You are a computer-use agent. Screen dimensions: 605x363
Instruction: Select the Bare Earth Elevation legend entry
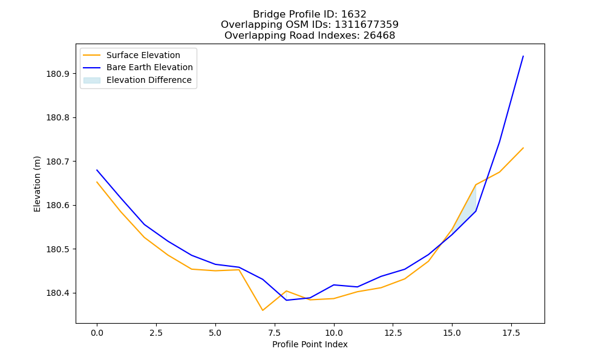[x=138, y=67]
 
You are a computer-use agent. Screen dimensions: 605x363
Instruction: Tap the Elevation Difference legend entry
[x=137, y=80]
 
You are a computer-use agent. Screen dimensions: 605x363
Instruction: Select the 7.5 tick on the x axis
[x=274, y=333]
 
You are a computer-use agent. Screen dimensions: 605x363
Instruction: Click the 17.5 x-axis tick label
[x=511, y=333]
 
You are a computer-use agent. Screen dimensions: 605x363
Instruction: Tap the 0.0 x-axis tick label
[x=97, y=333]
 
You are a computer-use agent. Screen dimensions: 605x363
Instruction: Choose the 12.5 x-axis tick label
[x=393, y=333]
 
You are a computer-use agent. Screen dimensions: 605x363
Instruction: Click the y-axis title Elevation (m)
[x=37, y=184]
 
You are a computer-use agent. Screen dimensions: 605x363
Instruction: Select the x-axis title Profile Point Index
[x=310, y=344]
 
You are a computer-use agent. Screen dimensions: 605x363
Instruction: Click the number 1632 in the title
[x=354, y=15]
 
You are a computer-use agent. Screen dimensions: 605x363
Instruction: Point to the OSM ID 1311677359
[x=367, y=25]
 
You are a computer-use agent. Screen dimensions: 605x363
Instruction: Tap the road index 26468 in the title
[x=379, y=36]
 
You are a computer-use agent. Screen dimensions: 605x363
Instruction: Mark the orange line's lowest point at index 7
[x=263, y=310]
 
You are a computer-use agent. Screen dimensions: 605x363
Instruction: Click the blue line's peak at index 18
[x=523, y=56]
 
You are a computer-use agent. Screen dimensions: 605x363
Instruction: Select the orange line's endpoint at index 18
[x=523, y=148]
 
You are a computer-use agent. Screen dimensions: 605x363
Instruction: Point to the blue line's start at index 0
[x=97, y=170]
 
